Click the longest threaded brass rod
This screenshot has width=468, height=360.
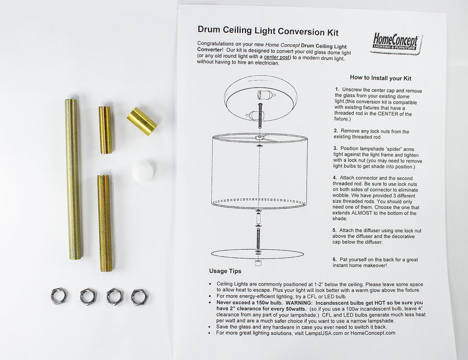pyautogui.click(x=73, y=179)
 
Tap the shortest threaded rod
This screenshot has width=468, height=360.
pyautogui.click(x=106, y=130)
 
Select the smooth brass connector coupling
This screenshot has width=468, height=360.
pyautogui.click(x=142, y=122)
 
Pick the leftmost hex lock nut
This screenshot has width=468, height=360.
pyautogui.click(x=59, y=296)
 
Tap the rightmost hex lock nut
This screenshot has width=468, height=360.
pyautogui.click(x=139, y=297)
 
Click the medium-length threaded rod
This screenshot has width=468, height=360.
pyautogui.click(x=105, y=223)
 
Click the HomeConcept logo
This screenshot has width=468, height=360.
pyautogui.click(x=396, y=43)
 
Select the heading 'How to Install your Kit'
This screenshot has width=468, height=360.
pyautogui.click(x=381, y=78)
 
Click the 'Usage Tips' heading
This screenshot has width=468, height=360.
pyautogui.click(x=225, y=271)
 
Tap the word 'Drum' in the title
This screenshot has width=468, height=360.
pyautogui.click(x=209, y=30)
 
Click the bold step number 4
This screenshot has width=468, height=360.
pyautogui.click(x=335, y=178)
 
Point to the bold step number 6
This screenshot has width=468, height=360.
pyautogui.click(x=335, y=259)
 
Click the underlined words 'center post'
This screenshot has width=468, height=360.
pyautogui.click(x=277, y=57)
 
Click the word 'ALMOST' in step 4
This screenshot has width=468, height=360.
pyautogui.click(x=362, y=213)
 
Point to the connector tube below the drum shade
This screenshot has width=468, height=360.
pyautogui.click(x=259, y=219)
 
